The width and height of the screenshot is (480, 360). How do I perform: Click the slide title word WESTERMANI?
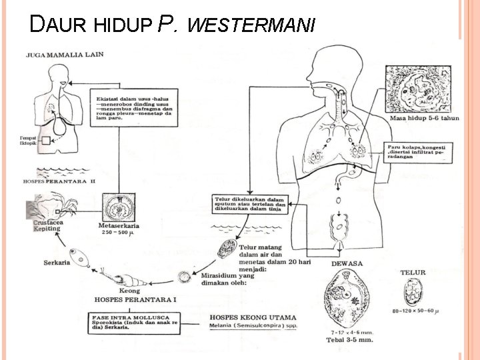tap(251, 25)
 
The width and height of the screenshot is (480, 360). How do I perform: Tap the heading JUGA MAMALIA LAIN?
tap(64, 55)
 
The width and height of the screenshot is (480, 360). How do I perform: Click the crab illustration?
tap(51, 205)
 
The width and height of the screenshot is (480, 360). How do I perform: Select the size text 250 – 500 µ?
tap(117, 233)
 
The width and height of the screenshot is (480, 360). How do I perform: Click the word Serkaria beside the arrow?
tap(57, 262)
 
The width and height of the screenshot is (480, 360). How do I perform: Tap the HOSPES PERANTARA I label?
tap(137, 300)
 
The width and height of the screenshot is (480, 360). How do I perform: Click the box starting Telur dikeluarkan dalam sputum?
tap(248, 204)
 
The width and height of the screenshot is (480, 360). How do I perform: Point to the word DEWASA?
tap(347, 264)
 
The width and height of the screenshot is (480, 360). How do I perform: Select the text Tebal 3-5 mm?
tap(350, 339)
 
